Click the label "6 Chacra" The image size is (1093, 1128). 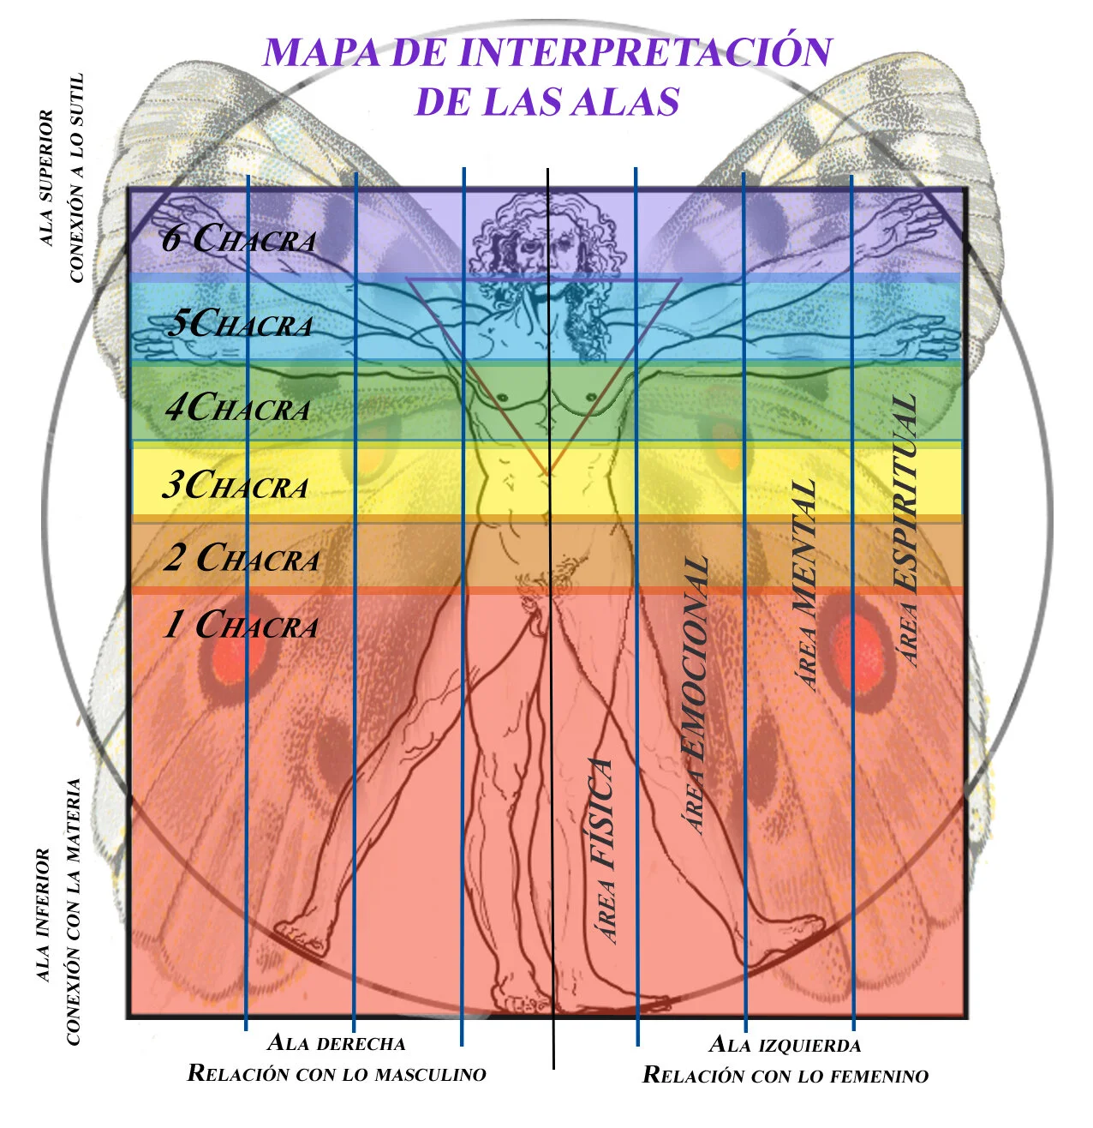(x=239, y=239)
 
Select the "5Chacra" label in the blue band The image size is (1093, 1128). (x=240, y=324)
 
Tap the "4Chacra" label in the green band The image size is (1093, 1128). (x=237, y=408)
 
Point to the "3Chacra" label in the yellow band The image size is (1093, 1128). (x=236, y=486)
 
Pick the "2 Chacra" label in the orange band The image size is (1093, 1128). (x=242, y=558)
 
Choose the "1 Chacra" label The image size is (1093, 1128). (x=241, y=625)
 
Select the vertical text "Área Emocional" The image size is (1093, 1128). (x=696, y=694)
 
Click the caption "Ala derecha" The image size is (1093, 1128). (x=336, y=1043)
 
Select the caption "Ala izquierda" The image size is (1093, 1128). (x=785, y=1045)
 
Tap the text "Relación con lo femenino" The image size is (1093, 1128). (x=785, y=1075)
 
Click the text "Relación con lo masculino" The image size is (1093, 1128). (x=336, y=1073)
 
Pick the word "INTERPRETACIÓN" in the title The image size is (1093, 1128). (x=645, y=53)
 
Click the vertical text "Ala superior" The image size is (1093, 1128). (x=46, y=177)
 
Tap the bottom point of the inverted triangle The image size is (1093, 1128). (x=546, y=473)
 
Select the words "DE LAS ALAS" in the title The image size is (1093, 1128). (x=546, y=102)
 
